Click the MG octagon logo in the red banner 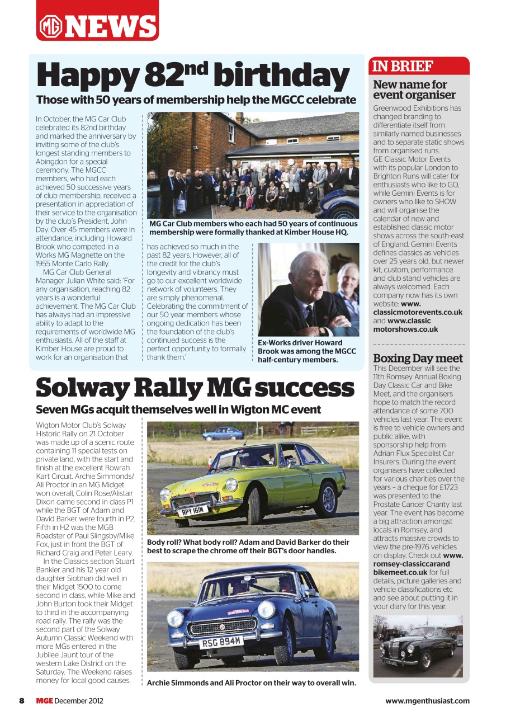(x=51, y=26)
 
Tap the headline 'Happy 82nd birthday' (x=193, y=76)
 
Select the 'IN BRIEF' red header (x=403, y=66)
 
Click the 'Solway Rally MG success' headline (x=195, y=388)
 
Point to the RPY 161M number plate (x=193, y=510)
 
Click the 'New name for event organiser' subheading (x=414, y=89)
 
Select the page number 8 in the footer (x=21, y=700)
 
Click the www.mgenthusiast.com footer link (x=427, y=700)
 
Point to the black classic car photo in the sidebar (x=418, y=646)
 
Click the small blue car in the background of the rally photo (x=223, y=434)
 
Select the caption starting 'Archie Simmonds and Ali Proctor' (x=251, y=682)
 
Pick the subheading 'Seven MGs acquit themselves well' (x=178, y=409)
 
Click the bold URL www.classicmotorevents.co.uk (x=418, y=312)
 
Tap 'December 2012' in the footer (x=79, y=700)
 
